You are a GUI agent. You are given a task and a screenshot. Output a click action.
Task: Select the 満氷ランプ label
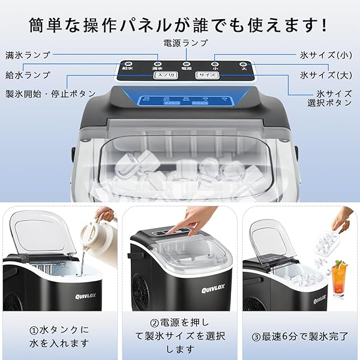tap(28, 55)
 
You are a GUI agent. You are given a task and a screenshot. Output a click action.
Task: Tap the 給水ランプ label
tap(28, 75)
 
